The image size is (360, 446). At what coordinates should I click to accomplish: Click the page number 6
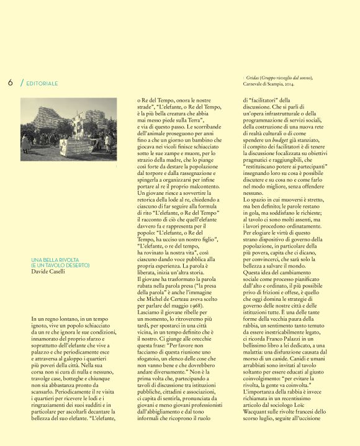tap(11, 82)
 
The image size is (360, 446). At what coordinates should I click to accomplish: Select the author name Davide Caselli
tap(49, 272)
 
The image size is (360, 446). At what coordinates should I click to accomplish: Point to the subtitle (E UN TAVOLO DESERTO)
tap(60, 265)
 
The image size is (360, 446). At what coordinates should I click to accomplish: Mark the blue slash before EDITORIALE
tap(22, 83)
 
